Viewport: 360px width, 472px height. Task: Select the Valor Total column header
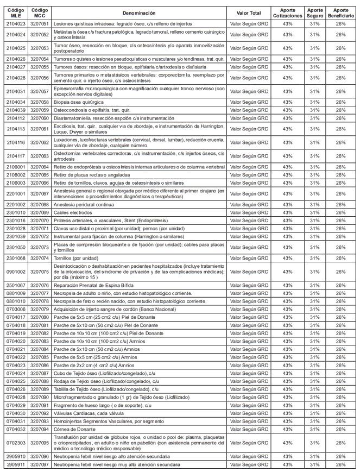coord(249,12)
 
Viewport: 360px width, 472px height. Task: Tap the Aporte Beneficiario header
coord(340,12)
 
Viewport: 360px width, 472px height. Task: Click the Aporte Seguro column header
coord(315,12)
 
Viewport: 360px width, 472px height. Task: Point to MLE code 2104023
coord(15,24)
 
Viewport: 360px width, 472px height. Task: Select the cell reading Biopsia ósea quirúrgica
coord(80,102)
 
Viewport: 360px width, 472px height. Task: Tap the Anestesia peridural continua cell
coord(84,204)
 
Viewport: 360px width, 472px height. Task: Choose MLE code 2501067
coord(15,285)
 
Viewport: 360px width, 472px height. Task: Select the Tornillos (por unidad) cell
coord(75,258)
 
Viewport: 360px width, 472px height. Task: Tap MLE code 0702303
coord(15,443)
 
